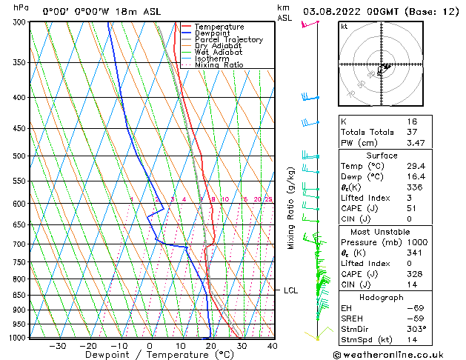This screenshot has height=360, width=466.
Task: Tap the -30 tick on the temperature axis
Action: coord(58,345)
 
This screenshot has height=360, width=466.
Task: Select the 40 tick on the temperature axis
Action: coord(273,345)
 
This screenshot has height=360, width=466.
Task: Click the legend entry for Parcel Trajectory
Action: coord(228,40)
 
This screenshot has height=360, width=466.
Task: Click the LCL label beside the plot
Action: coord(290,290)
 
